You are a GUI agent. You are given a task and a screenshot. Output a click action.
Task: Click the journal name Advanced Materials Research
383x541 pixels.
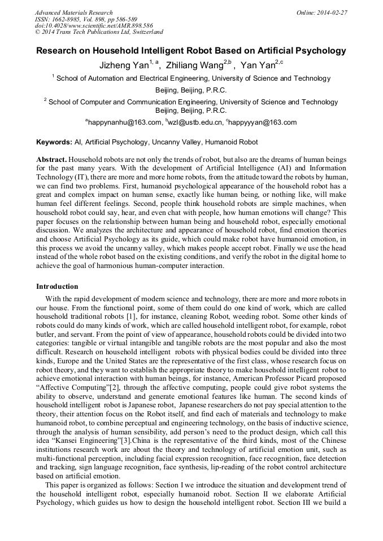point(73,12)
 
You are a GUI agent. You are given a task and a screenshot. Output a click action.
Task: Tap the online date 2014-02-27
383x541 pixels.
point(332,12)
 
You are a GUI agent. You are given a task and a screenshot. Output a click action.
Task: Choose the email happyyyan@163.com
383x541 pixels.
point(263,122)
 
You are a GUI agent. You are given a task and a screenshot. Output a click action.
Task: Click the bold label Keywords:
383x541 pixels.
point(54,142)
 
